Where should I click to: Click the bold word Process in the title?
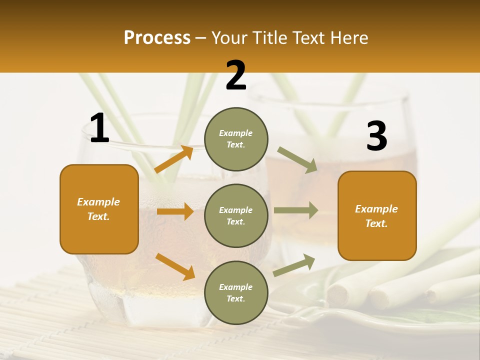pyautogui.click(x=157, y=38)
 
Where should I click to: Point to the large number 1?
pyautogui.click(x=99, y=128)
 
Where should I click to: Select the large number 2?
pyautogui.click(x=236, y=76)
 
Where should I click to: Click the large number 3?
pyautogui.click(x=376, y=136)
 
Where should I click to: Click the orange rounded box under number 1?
pyautogui.click(x=99, y=209)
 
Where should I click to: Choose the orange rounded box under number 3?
pyautogui.click(x=377, y=216)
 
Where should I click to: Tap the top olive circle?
pyautogui.click(x=236, y=139)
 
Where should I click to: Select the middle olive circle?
pyautogui.click(x=236, y=216)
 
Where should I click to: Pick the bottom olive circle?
pyautogui.click(x=236, y=293)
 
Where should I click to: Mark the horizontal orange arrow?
pyautogui.click(x=175, y=211)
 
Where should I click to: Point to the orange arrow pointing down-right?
pyautogui.click(x=175, y=266)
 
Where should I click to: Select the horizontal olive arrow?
pyautogui.click(x=296, y=210)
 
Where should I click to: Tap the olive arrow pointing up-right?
pyautogui.click(x=294, y=265)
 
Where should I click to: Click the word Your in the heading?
pyautogui.click(x=229, y=38)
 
